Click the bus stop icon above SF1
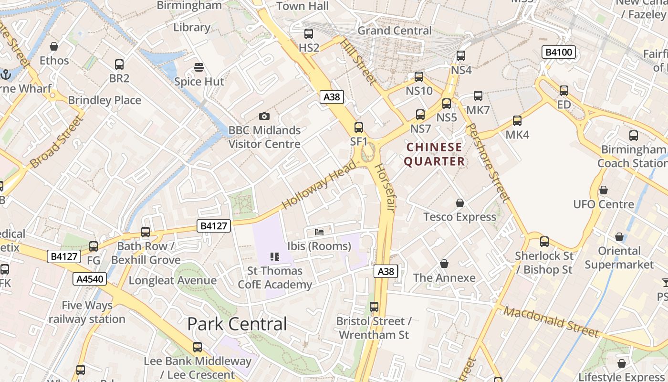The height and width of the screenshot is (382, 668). [359, 127]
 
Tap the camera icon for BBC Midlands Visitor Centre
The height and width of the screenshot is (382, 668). [264, 116]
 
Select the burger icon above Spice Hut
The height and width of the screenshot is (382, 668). [199, 67]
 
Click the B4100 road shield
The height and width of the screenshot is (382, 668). [559, 52]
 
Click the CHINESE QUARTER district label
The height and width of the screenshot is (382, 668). [434, 154]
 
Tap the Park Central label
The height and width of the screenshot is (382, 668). [237, 324]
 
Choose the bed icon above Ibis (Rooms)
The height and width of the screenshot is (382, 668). [319, 232]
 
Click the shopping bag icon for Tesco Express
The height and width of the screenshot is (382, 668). [460, 203]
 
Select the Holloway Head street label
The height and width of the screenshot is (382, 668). [319, 185]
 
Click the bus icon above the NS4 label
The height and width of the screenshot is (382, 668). [461, 56]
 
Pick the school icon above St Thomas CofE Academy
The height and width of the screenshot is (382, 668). [274, 257]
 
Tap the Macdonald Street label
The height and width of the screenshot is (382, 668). [551, 321]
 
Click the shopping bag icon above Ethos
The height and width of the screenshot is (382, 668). [54, 46]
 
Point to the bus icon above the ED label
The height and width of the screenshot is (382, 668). [564, 90]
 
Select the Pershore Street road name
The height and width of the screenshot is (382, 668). [488, 162]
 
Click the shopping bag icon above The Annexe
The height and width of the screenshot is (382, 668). [444, 264]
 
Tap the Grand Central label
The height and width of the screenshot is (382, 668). [394, 31]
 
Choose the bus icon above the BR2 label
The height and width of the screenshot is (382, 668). [119, 64]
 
